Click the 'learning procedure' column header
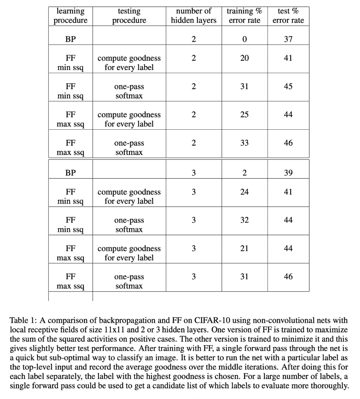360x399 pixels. click(x=70, y=16)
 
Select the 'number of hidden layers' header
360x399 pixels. click(x=194, y=16)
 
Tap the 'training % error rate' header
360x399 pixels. click(x=244, y=16)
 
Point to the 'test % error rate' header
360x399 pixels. click(x=288, y=16)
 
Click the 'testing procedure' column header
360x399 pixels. click(x=129, y=16)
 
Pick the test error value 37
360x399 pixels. click(x=288, y=39)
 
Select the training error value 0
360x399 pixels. click(x=244, y=39)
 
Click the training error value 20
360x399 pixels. click(x=244, y=58)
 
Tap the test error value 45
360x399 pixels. click(x=288, y=86)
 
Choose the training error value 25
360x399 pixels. click(x=244, y=115)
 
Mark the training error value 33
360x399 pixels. click(x=244, y=143)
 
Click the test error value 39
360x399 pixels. click(x=288, y=173)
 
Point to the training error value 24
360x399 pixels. click(x=244, y=192)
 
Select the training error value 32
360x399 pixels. click(x=244, y=220)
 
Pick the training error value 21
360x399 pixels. click(x=244, y=248)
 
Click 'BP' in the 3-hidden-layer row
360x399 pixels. click(x=70, y=173)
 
